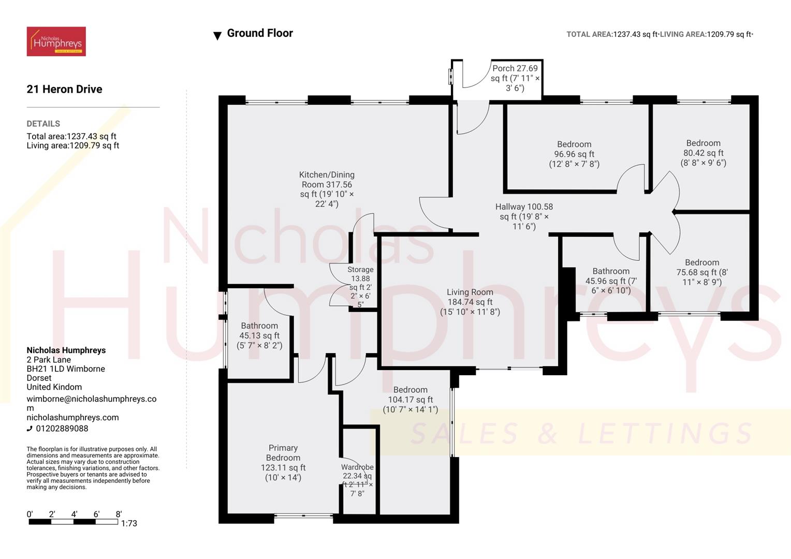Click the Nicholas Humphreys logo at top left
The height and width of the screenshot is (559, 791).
pyautogui.click(x=56, y=41)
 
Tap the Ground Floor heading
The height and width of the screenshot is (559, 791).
pyautogui.click(x=260, y=33)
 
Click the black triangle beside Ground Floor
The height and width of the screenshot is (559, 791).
pyautogui.click(x=217, y=36)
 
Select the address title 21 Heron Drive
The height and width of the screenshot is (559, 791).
pyautogui.click(x=64, y=89)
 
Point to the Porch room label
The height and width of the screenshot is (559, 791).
pyautogui.click(x=515, y=78)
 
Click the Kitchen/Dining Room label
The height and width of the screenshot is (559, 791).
pyautogui.click(x=327, y=189)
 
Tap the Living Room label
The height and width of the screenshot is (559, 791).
pyautogui.click(x=470, y=302)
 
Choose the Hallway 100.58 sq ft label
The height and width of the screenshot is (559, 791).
pyautogui.click(x=524, y=216)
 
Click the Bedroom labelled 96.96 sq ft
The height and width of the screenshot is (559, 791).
pyautogui.click(x=574, y=154)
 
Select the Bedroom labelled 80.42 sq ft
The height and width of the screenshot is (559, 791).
pyautogui.click(x=703, y=153)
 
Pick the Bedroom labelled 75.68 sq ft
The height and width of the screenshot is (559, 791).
pyautogui.click(x=702, y=272)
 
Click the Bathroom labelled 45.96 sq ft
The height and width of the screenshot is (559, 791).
pyautogui.click(x=611, y=281)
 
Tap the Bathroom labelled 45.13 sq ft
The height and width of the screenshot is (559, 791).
pyautogui.click(x=259, y=335)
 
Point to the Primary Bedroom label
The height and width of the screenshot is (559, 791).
pyautogui.click(x=283, y=462)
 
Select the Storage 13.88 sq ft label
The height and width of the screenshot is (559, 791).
pyautogui.click(x=360, y=286)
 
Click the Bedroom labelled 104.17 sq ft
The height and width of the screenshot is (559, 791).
pyautogui.click(x=410, y=399)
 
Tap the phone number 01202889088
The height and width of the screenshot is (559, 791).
pyautogui.click(x=62, y=429)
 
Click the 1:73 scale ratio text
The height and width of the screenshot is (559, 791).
pyautogui.click(x=129, y=523)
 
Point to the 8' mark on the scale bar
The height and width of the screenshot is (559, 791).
pyautogui.click(x=119, y=514)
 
